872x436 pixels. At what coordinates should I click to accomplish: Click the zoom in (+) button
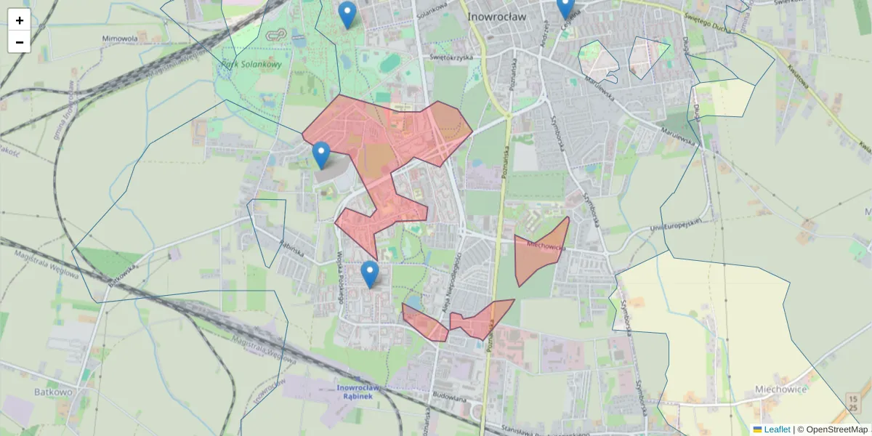(x=20, y=20)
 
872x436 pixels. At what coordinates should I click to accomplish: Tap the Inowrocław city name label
(x=496, y=16)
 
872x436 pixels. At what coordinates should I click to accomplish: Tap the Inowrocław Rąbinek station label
(x=355, y=392)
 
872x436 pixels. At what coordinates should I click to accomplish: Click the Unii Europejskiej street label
(x=678, y=226)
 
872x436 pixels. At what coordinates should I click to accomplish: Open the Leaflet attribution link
(x=776, y=429)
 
